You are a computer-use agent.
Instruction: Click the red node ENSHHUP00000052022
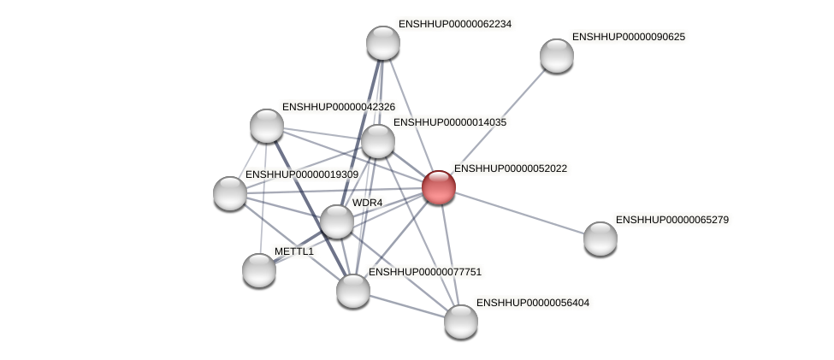[x=439, y=187]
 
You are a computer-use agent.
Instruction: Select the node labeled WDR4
[x=337, y=221]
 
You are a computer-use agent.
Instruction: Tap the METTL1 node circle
[x=259, y=270]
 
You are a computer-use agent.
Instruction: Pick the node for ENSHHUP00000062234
[x=383, y=43]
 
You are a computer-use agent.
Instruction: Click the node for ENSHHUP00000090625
[x=557, y=56]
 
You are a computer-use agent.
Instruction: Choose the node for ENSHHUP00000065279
[x=600, y=238]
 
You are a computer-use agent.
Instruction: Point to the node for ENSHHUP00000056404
[x=461, y=321]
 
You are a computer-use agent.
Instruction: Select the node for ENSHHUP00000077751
[x=353, y=291]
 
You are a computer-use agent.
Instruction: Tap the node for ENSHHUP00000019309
[x=230, y=193]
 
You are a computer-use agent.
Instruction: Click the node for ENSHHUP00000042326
[x=267, y=126]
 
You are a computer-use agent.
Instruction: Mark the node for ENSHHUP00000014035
[x=378, y=141]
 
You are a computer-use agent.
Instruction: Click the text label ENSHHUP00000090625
[x=628, y=37]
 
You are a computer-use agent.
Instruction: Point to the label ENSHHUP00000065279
[x=671, y=220]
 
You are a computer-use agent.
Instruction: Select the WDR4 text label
[x=368, y=203]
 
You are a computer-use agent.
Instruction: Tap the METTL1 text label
[x=294, y=251]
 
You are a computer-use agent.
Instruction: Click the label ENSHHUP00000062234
[x=455, y=24]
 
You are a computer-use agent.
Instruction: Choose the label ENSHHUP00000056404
[x=532, y=303]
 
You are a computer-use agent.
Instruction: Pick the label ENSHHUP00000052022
[x=510, y=168]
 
